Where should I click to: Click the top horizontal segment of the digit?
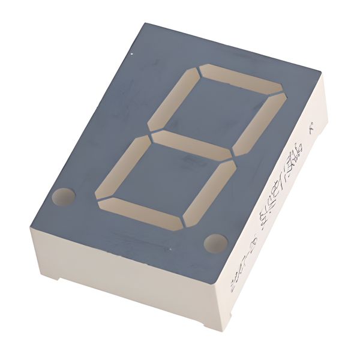pyautogui.click(x=240, y=79)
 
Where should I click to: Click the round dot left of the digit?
pyautogui.click(x=64, y=196)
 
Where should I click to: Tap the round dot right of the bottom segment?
pyautogui.click(x=215, y=243)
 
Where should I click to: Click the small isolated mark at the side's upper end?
pyautogui.click(x=310, y=128)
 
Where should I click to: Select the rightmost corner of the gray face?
pyautogui.click(x=321, y=75)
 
